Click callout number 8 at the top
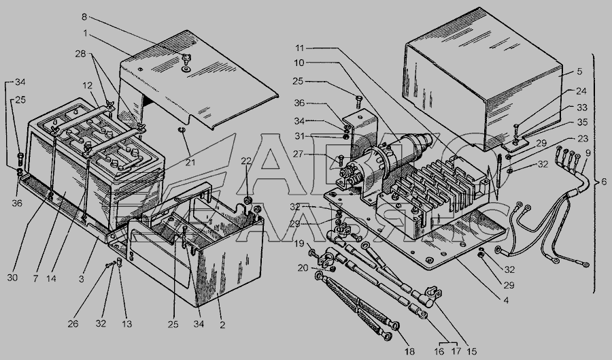click(84, 17)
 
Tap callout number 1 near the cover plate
click(85, 33)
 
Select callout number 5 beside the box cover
click(579, 71)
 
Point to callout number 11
click(299, 48)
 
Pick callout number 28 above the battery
click(80, 54)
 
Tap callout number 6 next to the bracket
click(604, 181)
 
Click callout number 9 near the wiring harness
click(588, 153)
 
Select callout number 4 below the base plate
click(506, 301)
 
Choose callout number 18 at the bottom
click(409, 351)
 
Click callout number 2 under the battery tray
click(222, 325)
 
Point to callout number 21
click(190, 162)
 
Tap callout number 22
click(246, 161)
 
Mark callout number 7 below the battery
click(36, 278)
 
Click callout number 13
click(127, 324)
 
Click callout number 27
click(298, 154)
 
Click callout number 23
click(583, 139)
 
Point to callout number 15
click(471, 351)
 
